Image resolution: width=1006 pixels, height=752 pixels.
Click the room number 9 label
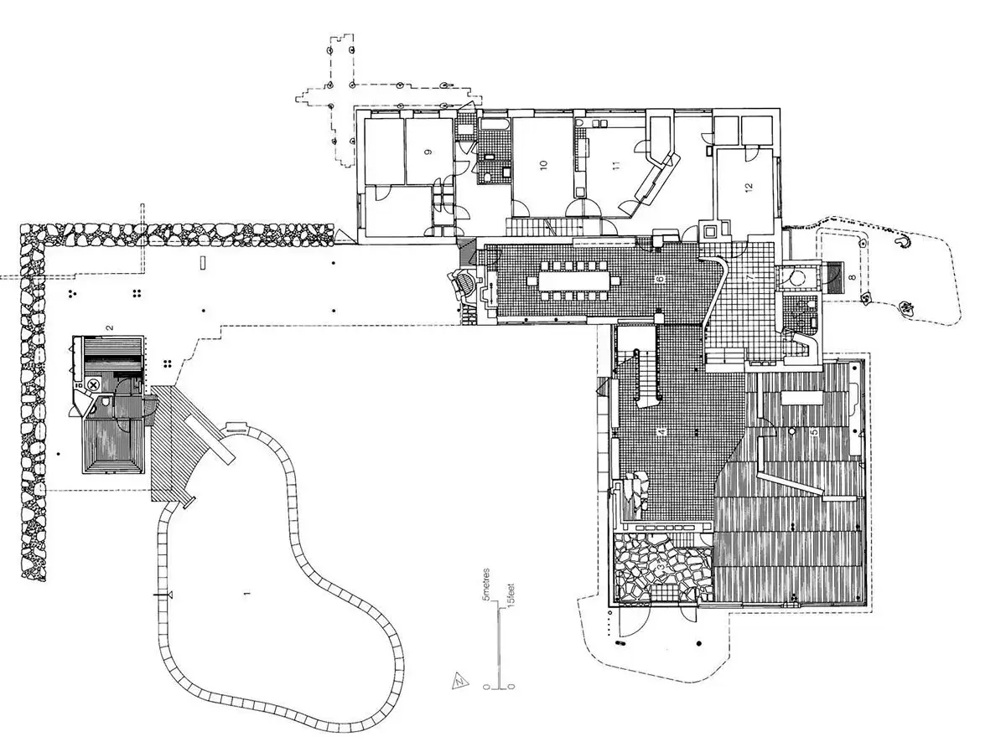(428, 152)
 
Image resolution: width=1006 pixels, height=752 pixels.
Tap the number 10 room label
(543, 165)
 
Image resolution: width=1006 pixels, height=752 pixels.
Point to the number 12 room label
(749, 187)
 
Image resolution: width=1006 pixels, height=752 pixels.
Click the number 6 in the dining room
(661, 280)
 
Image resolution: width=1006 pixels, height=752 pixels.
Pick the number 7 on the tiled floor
(749, 277)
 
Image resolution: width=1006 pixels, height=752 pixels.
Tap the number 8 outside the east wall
(852, 277)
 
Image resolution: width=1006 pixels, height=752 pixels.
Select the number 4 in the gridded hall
(661, 431)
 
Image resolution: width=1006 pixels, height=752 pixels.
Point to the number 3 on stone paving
(661, 567)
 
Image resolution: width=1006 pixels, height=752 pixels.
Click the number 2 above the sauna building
(109, 327)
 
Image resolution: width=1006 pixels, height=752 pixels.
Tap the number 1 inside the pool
(247, 594)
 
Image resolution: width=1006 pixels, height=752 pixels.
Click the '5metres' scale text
(487, 584)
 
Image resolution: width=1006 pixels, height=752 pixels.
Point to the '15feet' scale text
(511, 595)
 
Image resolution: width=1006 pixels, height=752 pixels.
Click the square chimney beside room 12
(709, 231)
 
